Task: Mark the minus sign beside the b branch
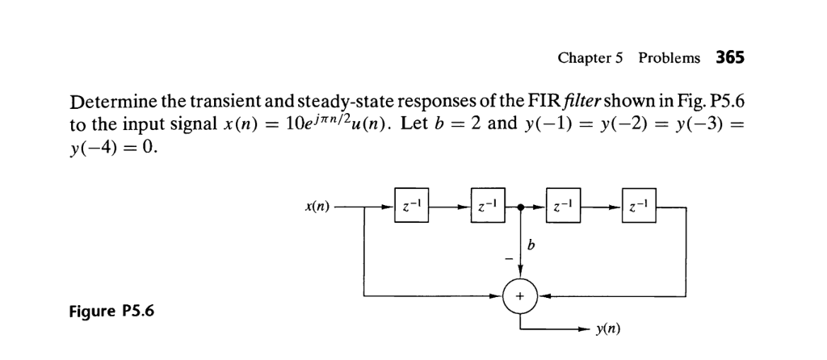tap(506, 257)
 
